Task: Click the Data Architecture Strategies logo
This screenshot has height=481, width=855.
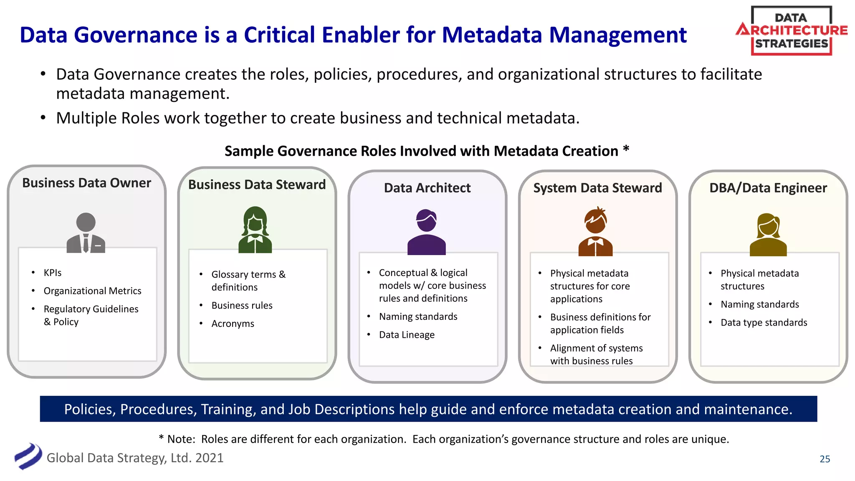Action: tap(791, 31)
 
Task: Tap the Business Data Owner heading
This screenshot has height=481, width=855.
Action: tap(86, 183)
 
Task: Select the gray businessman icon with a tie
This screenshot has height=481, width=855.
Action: tap(86, 233)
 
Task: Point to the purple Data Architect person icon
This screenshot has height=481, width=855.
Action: tap(426, 232)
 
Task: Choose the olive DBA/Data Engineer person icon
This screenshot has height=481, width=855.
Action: tap(768, 235)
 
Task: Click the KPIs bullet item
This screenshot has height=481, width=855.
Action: tap(53, 273)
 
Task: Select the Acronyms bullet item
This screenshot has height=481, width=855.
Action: tap(233, 324)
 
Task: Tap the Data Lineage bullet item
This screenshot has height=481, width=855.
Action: tap(407, 335)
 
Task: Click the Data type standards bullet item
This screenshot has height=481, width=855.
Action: tap(764, 322)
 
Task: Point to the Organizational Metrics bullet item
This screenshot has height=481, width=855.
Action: tap(92, 291)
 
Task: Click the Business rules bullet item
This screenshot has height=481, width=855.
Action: tap(242, 305)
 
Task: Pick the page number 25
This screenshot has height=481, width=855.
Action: tap(825, 459)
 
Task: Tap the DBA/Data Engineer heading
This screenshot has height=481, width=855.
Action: tap(768, 188)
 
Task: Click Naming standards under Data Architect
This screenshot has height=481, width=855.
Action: tap(418, 316)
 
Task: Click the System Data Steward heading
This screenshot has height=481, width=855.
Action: tap(597, 188)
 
